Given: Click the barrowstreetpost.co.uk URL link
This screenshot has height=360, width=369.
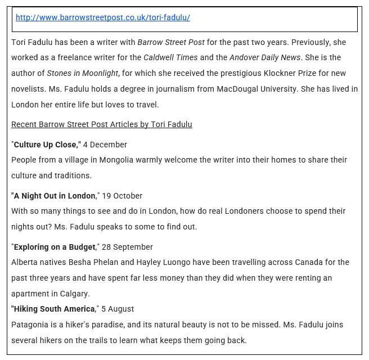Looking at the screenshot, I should tap(102, 17).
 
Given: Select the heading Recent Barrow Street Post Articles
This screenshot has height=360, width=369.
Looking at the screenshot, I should tap(101, 124).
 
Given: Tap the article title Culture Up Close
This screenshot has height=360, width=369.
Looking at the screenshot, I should tap(47, 145).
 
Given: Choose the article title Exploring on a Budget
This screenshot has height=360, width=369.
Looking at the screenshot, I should tap(55, 247).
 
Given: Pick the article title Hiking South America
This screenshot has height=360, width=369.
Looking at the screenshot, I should tap(54, 309).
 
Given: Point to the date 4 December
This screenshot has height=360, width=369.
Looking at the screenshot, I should tap(105, 145).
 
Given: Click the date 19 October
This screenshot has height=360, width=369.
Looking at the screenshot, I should tap(122, 196).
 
